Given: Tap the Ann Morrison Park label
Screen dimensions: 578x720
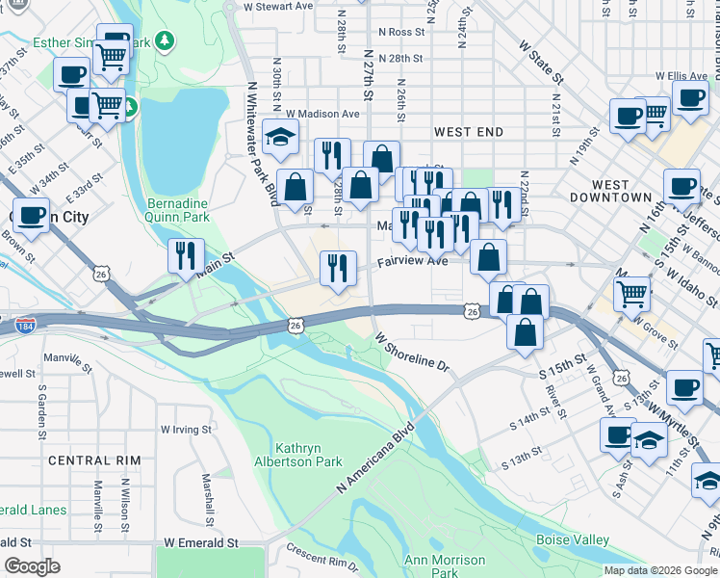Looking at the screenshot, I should pos(444,566).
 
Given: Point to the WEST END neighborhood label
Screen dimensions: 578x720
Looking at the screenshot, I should pos(469,131).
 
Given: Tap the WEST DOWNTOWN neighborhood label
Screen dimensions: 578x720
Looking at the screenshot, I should pos(622,191).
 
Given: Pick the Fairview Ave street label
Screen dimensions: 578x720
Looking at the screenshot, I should pos(412,261).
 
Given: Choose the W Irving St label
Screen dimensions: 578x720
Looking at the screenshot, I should pos(186,429).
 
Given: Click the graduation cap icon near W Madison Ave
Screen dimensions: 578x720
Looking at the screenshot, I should pos(281,137).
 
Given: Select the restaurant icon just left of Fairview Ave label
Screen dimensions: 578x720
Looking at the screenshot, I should pos(336,266).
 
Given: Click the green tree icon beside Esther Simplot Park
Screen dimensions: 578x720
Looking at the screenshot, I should pos(166,40).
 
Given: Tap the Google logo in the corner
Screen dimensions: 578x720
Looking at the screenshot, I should pos(32,566).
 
